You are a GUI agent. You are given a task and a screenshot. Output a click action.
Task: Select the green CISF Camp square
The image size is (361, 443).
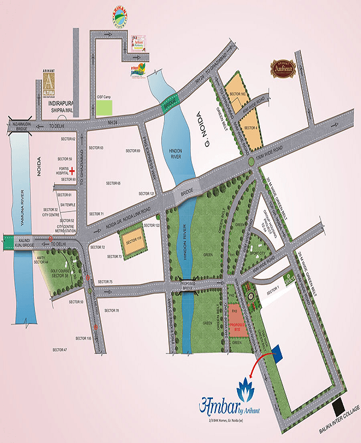click(x=105, y=109)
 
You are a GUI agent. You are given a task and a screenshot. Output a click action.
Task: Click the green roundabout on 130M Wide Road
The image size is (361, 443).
click(x=251, y=163)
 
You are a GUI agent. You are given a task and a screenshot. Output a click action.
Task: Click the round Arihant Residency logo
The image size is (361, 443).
click(x=120, y=16)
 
